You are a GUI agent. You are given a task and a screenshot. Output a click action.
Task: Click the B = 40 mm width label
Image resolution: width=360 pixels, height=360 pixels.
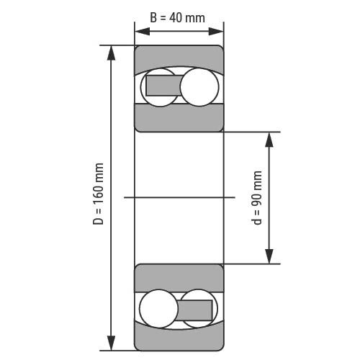click(177, 18)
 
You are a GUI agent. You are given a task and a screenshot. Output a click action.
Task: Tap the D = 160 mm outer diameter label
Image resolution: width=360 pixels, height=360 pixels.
click(99, 194)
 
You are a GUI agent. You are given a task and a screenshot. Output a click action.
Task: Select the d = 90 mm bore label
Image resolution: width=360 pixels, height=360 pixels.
click(257, 198)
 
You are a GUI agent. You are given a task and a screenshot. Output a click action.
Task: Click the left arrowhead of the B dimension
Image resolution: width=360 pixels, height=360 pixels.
click(143, 32)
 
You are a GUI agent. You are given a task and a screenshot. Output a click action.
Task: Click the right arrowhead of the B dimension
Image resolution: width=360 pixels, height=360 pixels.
click(216, 32)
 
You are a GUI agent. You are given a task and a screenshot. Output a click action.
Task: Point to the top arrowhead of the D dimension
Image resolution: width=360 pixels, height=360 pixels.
click(111, 53)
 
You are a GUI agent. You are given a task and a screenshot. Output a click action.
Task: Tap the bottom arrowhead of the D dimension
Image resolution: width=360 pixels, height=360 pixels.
click(111, 343)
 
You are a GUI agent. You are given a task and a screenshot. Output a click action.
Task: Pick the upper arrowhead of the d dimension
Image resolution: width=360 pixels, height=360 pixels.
click(269, 139)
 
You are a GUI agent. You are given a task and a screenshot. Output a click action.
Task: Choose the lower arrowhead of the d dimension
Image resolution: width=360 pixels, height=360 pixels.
click(269, 256)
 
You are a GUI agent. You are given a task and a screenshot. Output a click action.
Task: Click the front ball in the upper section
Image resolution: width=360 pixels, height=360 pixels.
click(199, 87)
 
